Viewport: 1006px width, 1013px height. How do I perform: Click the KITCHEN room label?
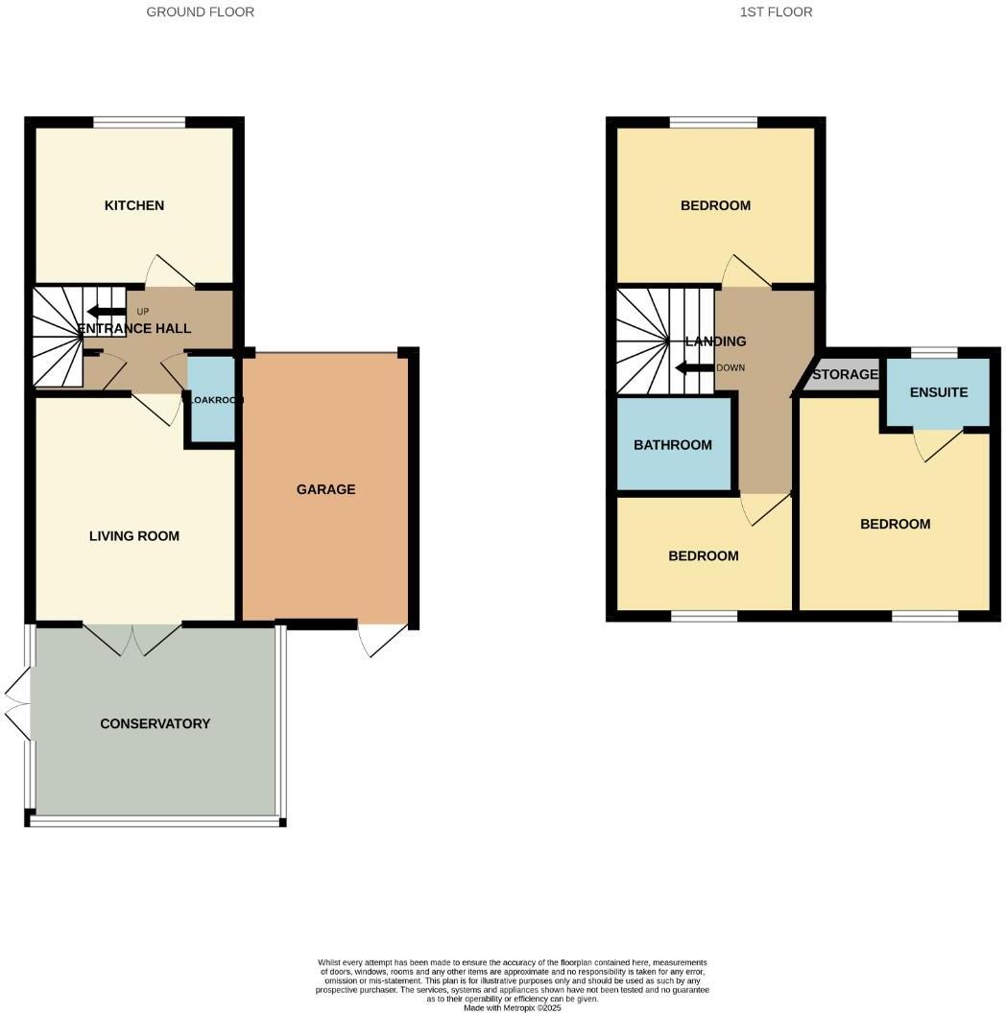point(134,205)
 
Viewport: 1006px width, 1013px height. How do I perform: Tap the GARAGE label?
point(325,489)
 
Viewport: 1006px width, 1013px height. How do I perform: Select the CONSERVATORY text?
point(155,723)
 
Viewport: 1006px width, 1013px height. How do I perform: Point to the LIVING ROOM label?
point(134,536)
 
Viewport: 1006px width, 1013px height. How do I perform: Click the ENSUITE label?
point(939,392)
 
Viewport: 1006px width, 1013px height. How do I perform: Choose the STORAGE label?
point(845,374)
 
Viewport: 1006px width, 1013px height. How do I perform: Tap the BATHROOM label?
point(673,445)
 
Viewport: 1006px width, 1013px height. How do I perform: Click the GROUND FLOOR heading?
point(201,12)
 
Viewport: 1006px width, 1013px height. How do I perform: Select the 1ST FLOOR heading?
point(776,12)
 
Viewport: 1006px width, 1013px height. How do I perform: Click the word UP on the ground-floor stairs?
point(143,312)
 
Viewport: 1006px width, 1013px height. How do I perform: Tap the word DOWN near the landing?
point(730,367)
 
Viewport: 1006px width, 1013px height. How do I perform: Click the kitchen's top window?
point(139,122)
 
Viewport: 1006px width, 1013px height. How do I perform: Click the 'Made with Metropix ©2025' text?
point(513,1007)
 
